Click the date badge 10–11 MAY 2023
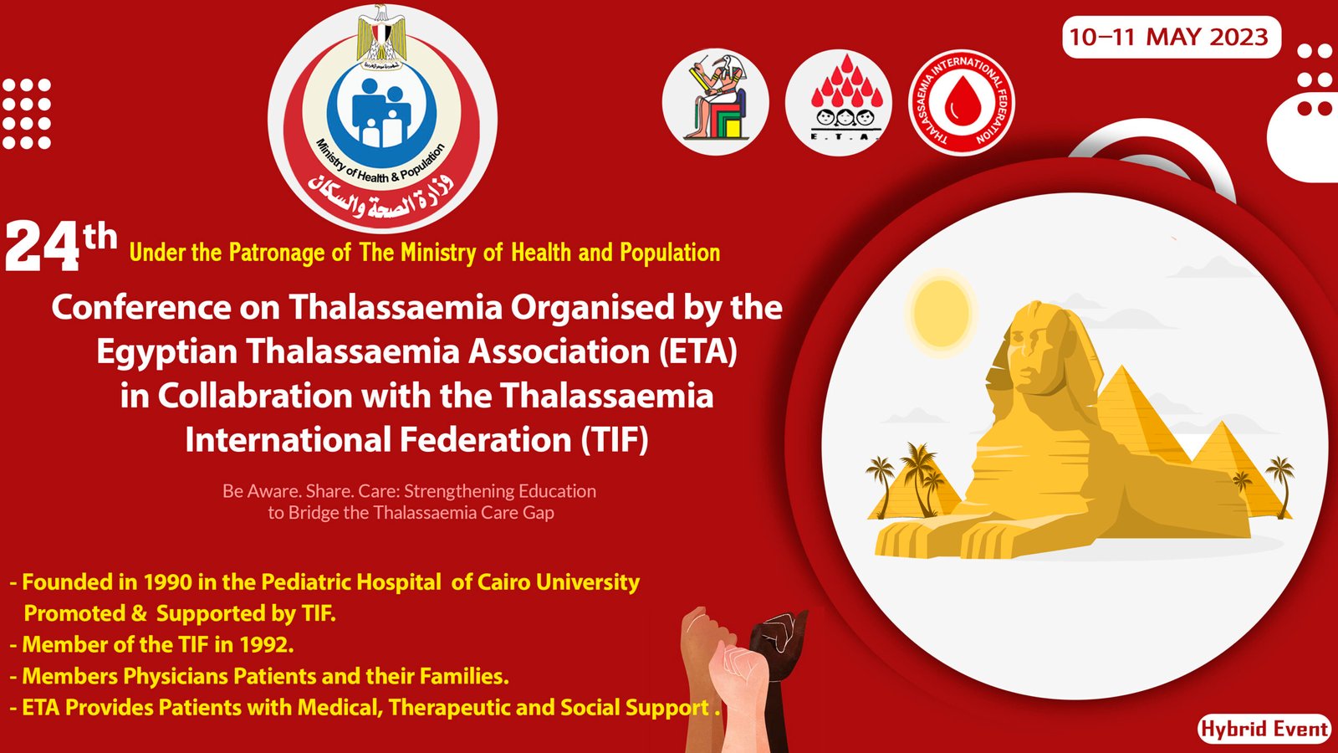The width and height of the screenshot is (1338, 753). [x=1172, y=37]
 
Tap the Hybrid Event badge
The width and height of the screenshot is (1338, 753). [x=1264, y=729]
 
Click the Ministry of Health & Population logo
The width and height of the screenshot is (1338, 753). [x=382, y=118]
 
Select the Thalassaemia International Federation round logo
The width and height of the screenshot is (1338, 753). [x=961, y=102]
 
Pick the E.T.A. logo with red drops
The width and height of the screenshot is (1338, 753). [x=839, y=102]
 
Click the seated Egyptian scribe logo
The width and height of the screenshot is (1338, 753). [x=716, y=102]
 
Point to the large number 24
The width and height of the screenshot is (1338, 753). [x=42, y=247]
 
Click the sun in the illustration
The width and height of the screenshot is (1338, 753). [x=941, y=310]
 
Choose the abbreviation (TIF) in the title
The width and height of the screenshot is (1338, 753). [x=615, y=440]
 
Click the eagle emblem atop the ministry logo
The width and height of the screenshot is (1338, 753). [x=382, y=36]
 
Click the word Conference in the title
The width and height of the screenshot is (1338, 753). [x=141, y=308]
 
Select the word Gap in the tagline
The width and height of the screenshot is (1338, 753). [x=539, y=514]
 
